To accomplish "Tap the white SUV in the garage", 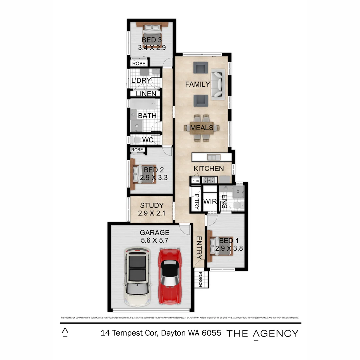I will click(137, 277).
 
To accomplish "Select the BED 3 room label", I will click(152, 40).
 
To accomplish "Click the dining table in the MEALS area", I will click(202, 128).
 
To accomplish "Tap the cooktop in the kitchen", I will click(210, 180).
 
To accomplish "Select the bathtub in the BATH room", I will click(143, 104).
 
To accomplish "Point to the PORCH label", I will click(200, 279).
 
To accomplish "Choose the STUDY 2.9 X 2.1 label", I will click(152, 209).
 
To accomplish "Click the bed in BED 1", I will click(220, 246).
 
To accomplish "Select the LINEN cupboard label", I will click(146, 94).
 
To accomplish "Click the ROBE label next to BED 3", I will click(139, 63).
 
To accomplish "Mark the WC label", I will click(148, 140).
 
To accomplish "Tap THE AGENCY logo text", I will click(262, 333).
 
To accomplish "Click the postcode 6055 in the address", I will click(211, 333).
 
